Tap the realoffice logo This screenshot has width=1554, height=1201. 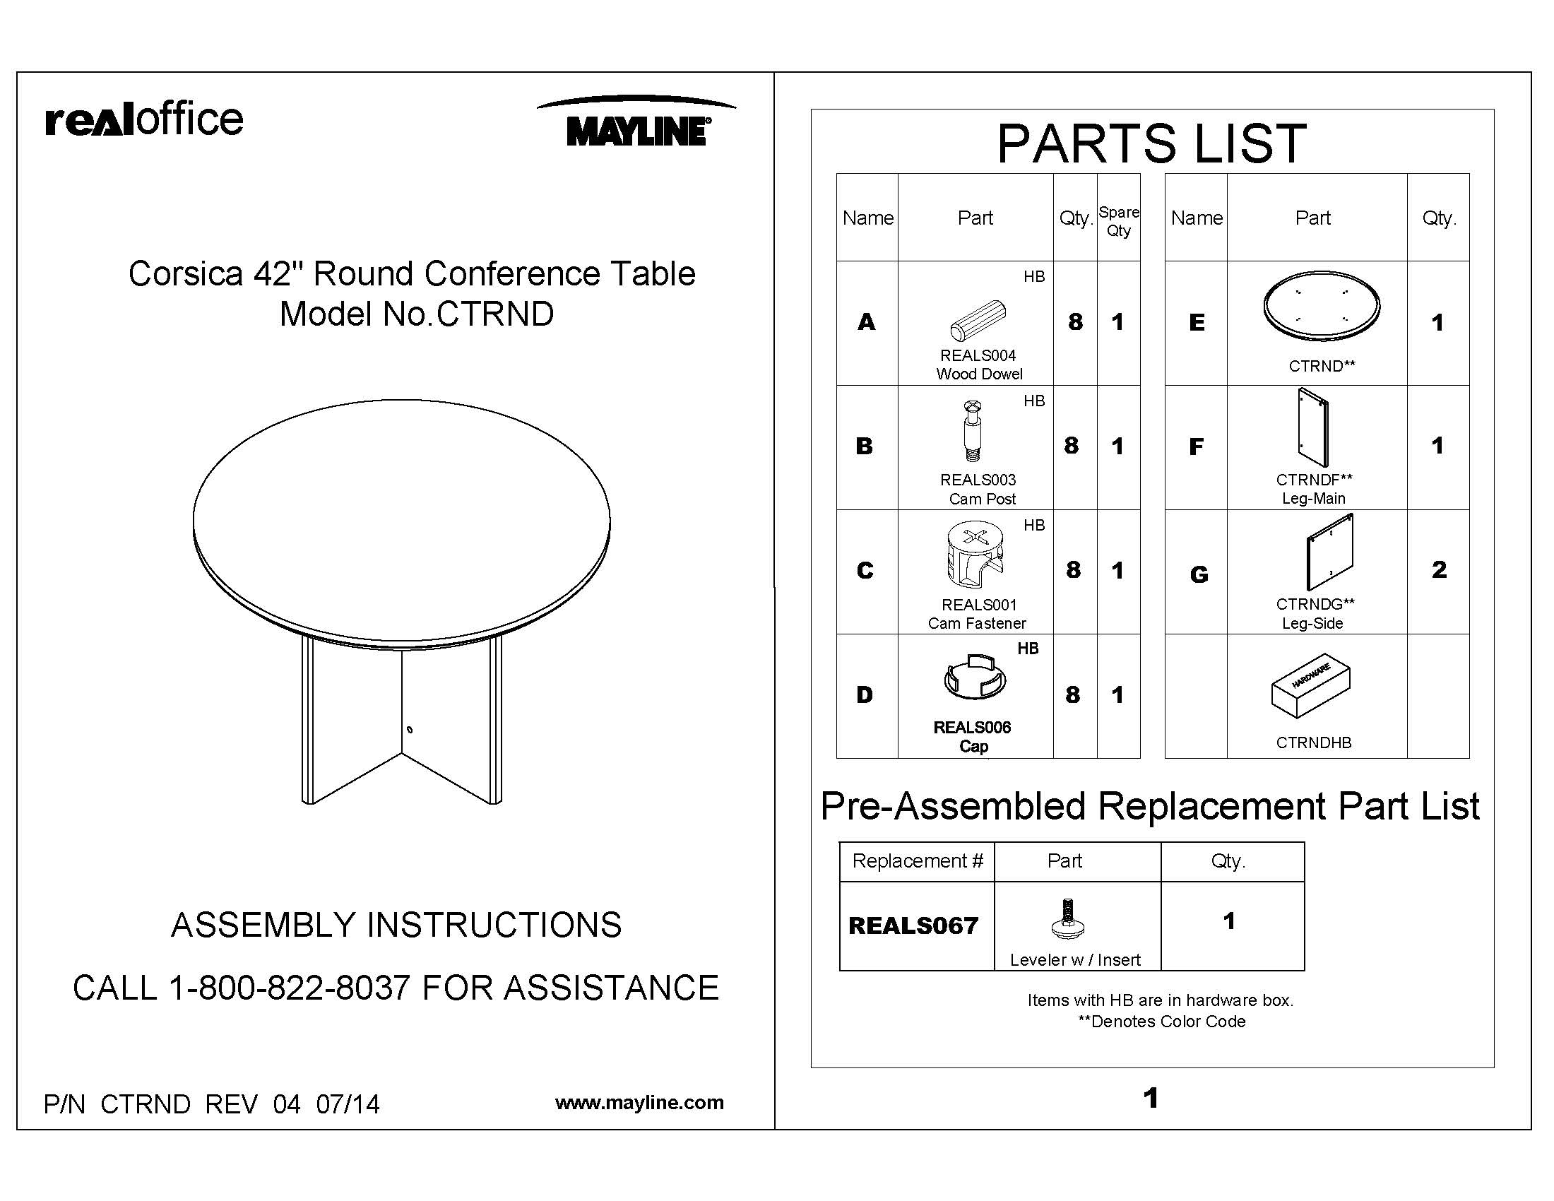tap(144, 119)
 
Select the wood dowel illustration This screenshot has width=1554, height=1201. tap(978, 321)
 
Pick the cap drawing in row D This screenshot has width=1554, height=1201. tap(975, 677)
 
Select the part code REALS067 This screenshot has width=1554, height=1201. tap(913, 925)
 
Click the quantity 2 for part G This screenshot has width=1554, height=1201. tap(1439, 569)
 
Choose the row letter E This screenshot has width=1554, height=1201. tap(1197, 322)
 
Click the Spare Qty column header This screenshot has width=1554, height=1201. tap(1119, 220)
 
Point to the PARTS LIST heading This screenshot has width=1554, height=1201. tap(1151, 143)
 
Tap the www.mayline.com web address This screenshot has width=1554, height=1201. tap(639, 1102)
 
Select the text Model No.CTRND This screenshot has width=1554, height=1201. tap(416, 314)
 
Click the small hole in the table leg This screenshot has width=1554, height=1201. tap(410, 730)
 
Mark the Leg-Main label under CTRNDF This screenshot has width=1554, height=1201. tap(1314, 498)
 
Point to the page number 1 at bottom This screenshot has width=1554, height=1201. tap(1151, 1098)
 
